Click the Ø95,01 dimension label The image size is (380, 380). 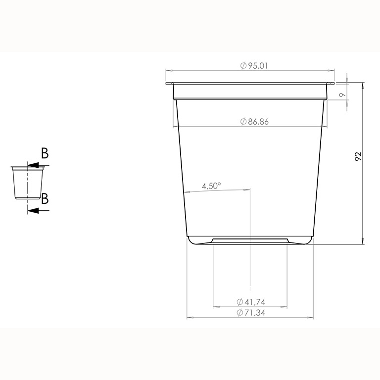254,66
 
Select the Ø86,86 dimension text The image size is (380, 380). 254,121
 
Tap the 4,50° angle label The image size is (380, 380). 211,186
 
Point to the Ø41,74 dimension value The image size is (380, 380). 251,302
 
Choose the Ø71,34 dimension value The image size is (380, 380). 251,313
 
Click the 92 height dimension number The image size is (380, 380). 358,156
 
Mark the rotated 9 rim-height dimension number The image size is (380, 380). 342,95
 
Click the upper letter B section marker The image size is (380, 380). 45,153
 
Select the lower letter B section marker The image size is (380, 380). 45,198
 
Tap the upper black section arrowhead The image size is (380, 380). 33,165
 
